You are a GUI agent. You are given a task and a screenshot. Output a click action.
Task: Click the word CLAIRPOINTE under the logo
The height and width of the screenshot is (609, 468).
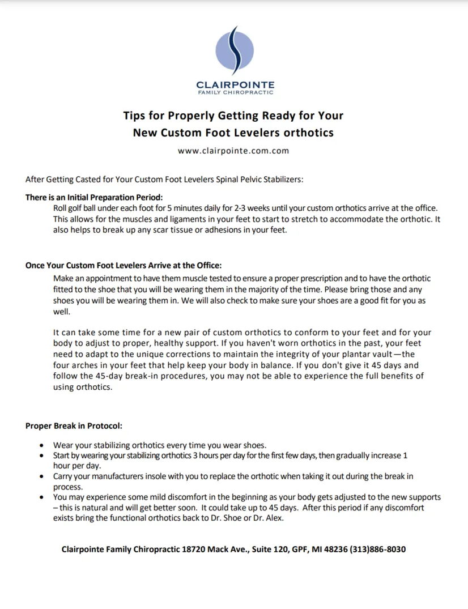(235, 85)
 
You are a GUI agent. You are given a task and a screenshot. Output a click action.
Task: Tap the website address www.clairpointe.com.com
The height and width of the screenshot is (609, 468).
(233, 151)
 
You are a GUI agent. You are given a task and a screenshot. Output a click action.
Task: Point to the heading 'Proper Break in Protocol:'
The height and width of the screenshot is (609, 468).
(74, 425)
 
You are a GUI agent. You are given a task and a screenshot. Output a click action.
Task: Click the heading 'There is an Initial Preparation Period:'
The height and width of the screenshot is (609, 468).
(93, 198)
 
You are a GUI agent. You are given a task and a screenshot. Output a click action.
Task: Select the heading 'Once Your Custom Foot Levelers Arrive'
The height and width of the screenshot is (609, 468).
(124, 265)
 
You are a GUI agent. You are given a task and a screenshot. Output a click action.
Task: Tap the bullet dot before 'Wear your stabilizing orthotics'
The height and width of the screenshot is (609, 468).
(42, 445)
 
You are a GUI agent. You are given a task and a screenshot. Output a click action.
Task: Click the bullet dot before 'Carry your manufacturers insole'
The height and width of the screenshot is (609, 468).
(42, 476)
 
